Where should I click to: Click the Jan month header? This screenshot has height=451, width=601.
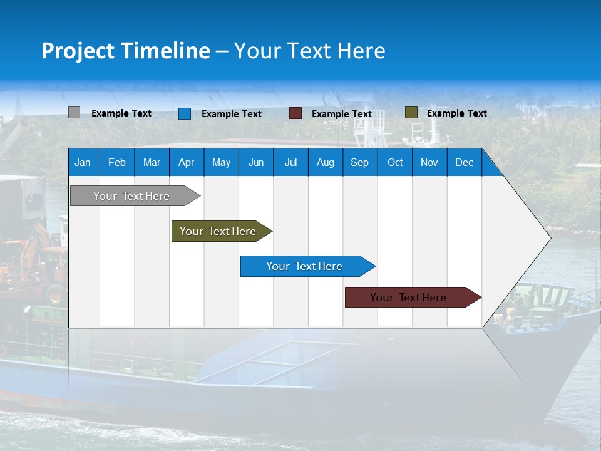tap(83, 163)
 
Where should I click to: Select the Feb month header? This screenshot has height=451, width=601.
tap(117, 163)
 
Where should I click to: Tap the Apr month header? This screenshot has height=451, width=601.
tap(186, 163)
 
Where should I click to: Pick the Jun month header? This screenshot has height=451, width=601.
tap(256, 163)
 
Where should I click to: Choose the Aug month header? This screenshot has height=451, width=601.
tap(325, 163)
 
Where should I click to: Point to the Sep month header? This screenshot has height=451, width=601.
tap(359, 163)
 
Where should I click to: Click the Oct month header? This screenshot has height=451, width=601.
tap(395, 163)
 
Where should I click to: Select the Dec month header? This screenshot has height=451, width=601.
tap(464, 163)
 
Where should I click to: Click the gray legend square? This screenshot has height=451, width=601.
tap(74, 113)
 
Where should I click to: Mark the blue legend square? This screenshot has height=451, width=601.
tap(184, 113)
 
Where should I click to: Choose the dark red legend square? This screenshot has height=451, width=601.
tap(295, 113)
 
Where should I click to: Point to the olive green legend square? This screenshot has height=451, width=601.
tap(411, 113)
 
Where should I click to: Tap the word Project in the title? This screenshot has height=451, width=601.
tap(78, 51)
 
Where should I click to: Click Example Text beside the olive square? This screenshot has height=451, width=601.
tap(456, 113)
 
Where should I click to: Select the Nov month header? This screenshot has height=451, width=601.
tap(429, 163)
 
